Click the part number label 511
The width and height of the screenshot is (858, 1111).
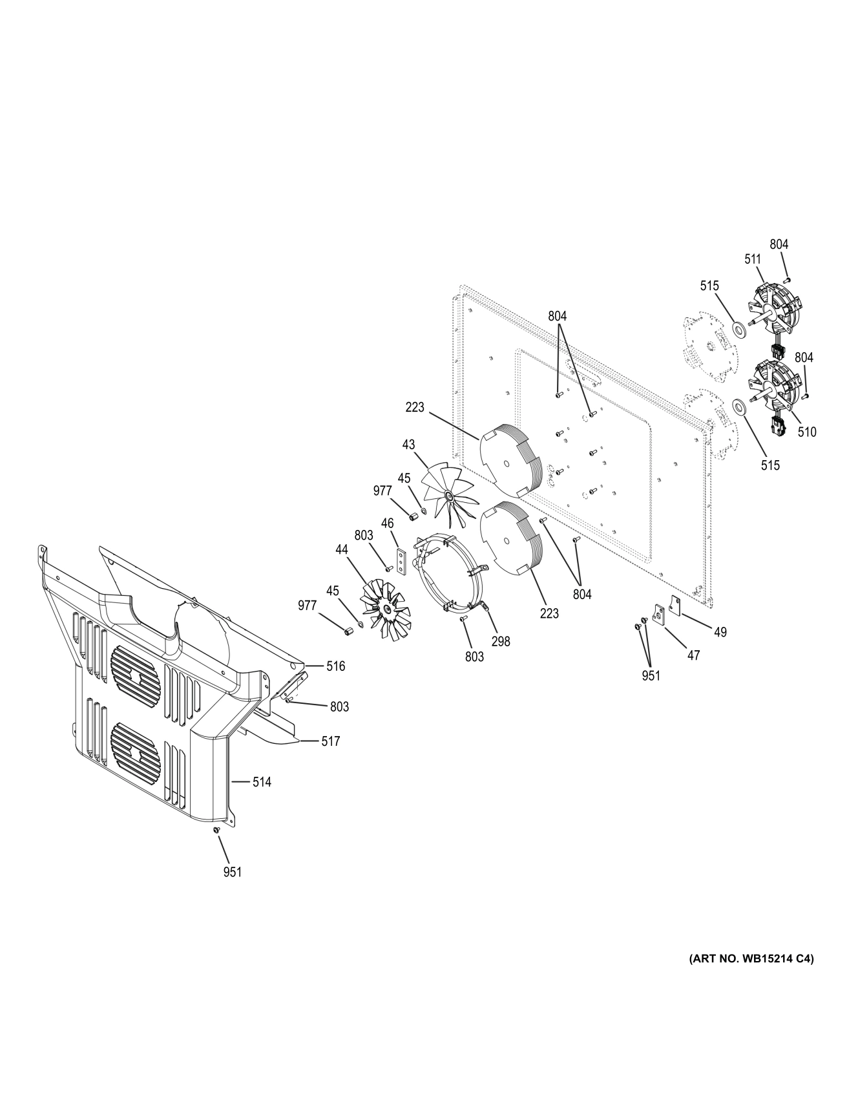pos(752,259)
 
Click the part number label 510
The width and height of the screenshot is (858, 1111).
pos(806,432)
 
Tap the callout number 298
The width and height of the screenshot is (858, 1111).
pos(500,641)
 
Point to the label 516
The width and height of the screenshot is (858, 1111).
pos(335,666)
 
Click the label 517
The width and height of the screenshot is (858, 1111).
pos(330,741)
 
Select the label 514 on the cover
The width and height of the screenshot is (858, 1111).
pos(262,782)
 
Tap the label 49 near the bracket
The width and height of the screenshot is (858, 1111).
pos(720,632)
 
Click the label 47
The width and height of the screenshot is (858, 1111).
pos(693,655)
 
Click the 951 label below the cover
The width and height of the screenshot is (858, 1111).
pos(232,872)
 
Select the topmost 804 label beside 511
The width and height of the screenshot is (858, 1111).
pos(779,244)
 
